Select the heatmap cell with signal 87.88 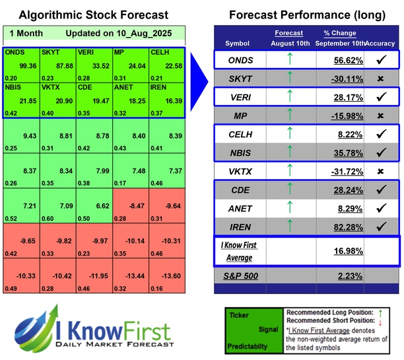[x=57, y=64]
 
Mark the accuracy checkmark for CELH [x=380, y=134]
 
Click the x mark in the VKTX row [x=380, y=171]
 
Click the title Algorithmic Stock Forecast [x=92, y=15]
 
